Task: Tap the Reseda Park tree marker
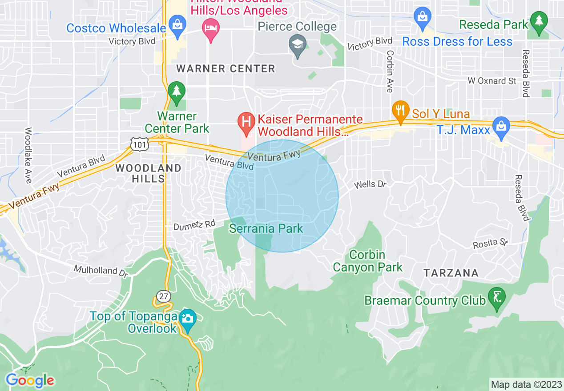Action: tap(539, 21)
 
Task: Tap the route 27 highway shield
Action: tap(163, 296)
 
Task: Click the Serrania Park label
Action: tap(266, 229)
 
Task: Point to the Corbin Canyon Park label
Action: tap(367, 261)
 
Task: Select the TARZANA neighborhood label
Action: tap(451, 273)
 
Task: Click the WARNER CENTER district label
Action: tap(226, 69)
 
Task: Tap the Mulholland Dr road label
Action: tap(96, 270)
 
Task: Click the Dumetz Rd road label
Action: tap(194, 225)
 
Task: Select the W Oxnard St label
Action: tap(492, 81)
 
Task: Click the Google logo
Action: tap(30, 380)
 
